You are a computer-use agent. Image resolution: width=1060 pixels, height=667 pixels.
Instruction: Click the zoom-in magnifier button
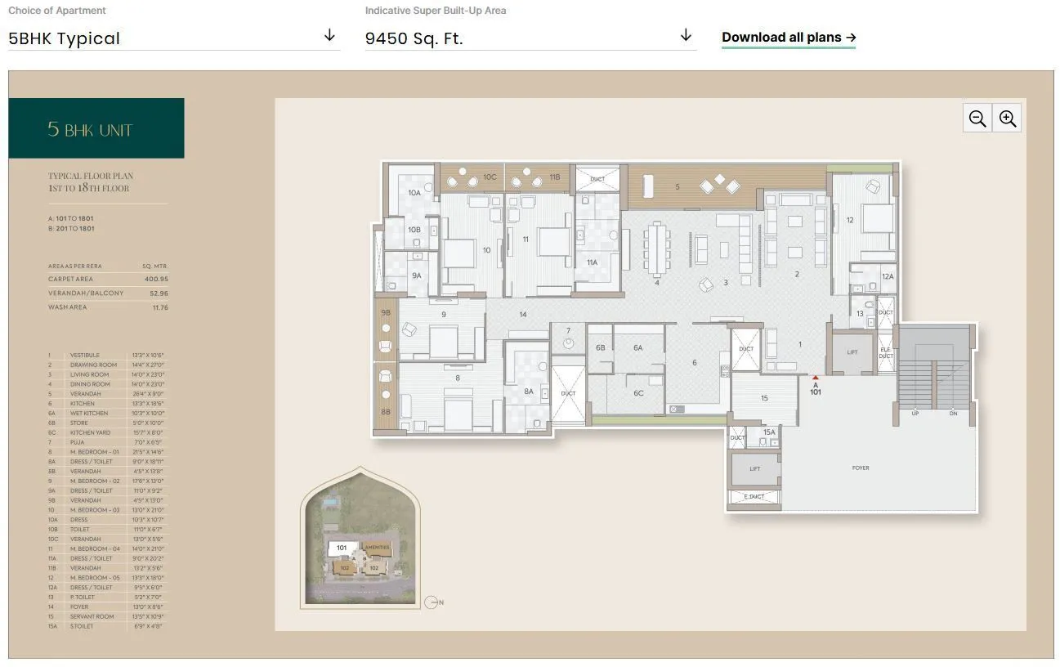click(1008, 119)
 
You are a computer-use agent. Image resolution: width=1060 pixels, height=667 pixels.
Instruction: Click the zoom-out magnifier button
click(977, 119)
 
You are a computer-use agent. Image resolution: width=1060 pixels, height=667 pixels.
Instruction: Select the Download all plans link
click(788, 38)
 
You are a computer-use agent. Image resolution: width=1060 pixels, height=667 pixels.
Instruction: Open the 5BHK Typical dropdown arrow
click(329, 35)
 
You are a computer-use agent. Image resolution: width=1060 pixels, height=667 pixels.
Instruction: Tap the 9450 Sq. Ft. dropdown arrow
click(686, 35)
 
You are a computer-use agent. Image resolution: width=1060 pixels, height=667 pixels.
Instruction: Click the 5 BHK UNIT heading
click(90, 129)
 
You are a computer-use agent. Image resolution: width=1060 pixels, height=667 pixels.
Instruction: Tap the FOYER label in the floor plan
click(861, 468)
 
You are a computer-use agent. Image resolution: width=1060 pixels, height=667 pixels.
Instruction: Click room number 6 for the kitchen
click(695, 363)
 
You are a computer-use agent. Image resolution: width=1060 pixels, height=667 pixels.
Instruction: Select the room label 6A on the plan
click(638, 347)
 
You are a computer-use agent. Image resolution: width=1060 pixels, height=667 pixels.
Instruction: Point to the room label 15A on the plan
click(769, 432)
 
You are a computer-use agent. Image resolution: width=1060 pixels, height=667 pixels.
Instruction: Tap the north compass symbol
click(432, 602)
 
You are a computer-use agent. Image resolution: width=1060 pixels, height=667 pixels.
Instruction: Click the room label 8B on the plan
click(386, 412)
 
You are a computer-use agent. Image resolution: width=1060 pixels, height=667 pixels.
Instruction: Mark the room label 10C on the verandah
click(489, 177)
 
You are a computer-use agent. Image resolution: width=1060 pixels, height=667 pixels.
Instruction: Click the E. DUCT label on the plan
click(754, 497)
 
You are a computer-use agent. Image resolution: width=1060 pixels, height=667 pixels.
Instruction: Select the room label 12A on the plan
click(888, 277)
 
